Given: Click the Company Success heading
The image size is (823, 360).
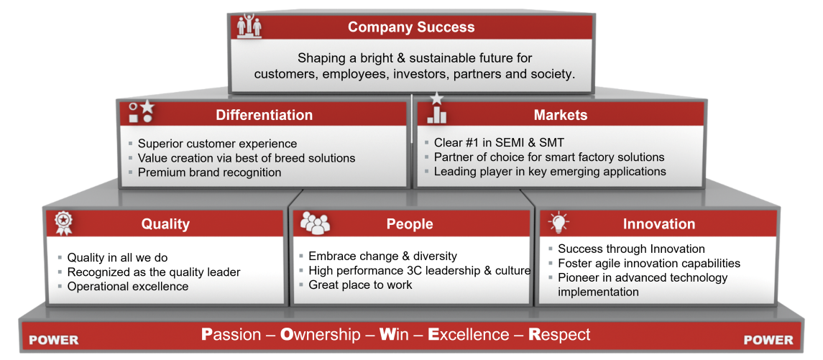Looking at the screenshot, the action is coord(411,27).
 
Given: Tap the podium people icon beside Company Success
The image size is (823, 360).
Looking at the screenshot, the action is coord(249,25).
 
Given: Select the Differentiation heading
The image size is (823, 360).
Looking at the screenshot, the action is coord(264,115).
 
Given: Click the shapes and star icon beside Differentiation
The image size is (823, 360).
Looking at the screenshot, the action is coord(141,112).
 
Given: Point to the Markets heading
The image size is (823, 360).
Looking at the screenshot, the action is coord(560,115).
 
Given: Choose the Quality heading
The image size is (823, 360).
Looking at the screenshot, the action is coord(165,224).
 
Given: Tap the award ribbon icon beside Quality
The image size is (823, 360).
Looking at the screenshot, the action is coord(63,223).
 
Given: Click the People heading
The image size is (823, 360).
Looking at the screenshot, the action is coord(410,224).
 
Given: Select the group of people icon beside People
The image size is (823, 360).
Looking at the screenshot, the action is coord(314,223).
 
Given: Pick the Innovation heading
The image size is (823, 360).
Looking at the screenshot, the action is coord(658,224).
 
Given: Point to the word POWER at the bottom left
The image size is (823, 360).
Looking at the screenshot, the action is coord(53,340).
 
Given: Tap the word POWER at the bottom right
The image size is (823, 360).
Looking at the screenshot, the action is coord(768,340).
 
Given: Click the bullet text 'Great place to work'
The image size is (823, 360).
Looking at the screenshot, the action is coord(361,285).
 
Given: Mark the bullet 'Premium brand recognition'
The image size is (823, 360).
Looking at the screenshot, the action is coord(209,172).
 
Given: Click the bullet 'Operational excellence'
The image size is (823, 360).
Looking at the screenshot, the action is coord(127,287).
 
